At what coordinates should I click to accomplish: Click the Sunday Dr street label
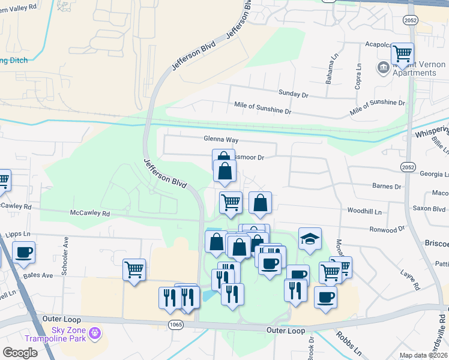(x=293, y=94)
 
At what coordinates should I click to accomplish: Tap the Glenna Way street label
(x=221, y=140)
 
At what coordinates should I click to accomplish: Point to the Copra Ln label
(x=358, y=77)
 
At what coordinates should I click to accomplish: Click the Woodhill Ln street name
(x=365, y=211)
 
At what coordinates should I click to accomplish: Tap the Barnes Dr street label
(x=386, y=187)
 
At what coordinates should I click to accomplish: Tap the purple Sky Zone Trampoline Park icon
(x=94, y=333)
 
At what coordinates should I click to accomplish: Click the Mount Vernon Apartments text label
(x=414, y=68)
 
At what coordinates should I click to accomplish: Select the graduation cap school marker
(x=310, y=239)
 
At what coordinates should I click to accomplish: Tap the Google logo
(x=20, y=353)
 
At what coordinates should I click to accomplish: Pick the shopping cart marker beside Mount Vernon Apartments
(x=402, y=53)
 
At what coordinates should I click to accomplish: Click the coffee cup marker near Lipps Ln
(x=23, y=253)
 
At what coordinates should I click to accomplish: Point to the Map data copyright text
(x=423, y=355)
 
